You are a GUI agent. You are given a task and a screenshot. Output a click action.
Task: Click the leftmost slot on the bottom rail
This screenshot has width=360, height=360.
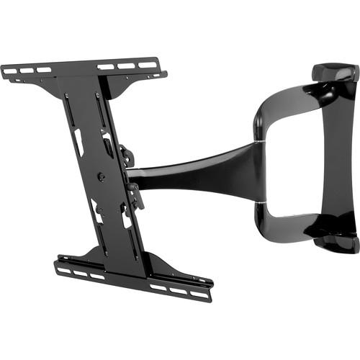(63, 271)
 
